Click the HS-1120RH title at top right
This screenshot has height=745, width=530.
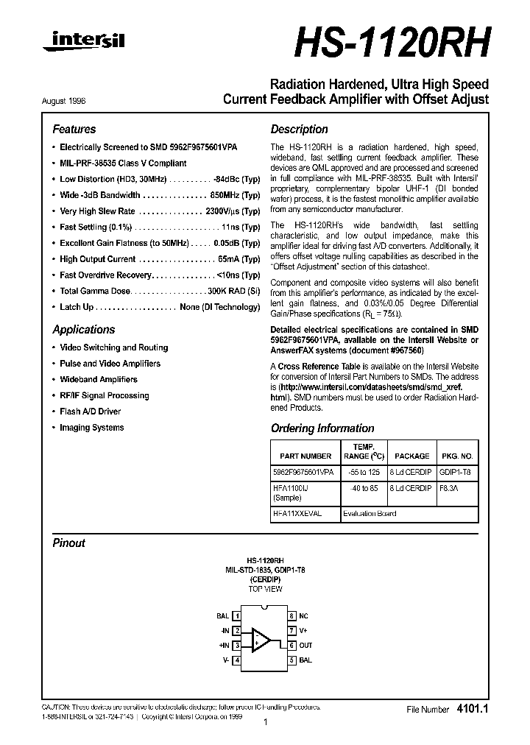click(392, 43)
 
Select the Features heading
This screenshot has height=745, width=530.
click(74, 129)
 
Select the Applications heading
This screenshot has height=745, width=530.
click(84, 330)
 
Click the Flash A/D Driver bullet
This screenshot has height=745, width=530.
click(90, 412)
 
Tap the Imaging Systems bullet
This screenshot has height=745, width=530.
click(91, 428)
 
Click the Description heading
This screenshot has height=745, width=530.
click(299, 129)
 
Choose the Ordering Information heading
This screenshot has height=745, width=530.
click(322, 428)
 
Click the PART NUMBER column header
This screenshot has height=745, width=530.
click(305, 456)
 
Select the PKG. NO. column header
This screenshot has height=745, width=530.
click(456, 456)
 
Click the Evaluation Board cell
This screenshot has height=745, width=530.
click(369, 514)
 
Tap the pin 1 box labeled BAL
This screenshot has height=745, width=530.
click(236, 615)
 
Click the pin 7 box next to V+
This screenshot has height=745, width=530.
click(291, 630)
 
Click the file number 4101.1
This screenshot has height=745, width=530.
click(473, 709)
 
